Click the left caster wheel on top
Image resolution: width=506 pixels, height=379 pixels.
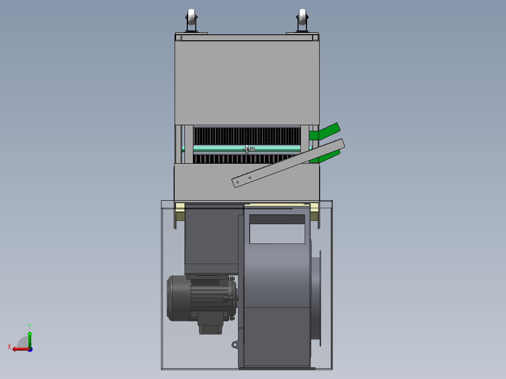click(x=192, y=20)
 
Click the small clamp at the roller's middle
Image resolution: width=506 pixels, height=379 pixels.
click(x=248, y=149)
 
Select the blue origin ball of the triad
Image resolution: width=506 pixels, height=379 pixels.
click(x=30, y=349)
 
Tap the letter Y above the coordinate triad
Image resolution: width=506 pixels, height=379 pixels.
click(x=29, y=326)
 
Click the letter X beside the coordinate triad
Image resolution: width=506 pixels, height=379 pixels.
click(x=9, y=347)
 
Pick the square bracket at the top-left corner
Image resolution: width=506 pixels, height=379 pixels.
click(x=178, y=38)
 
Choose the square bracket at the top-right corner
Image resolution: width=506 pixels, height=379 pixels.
click(x=316, y=38)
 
